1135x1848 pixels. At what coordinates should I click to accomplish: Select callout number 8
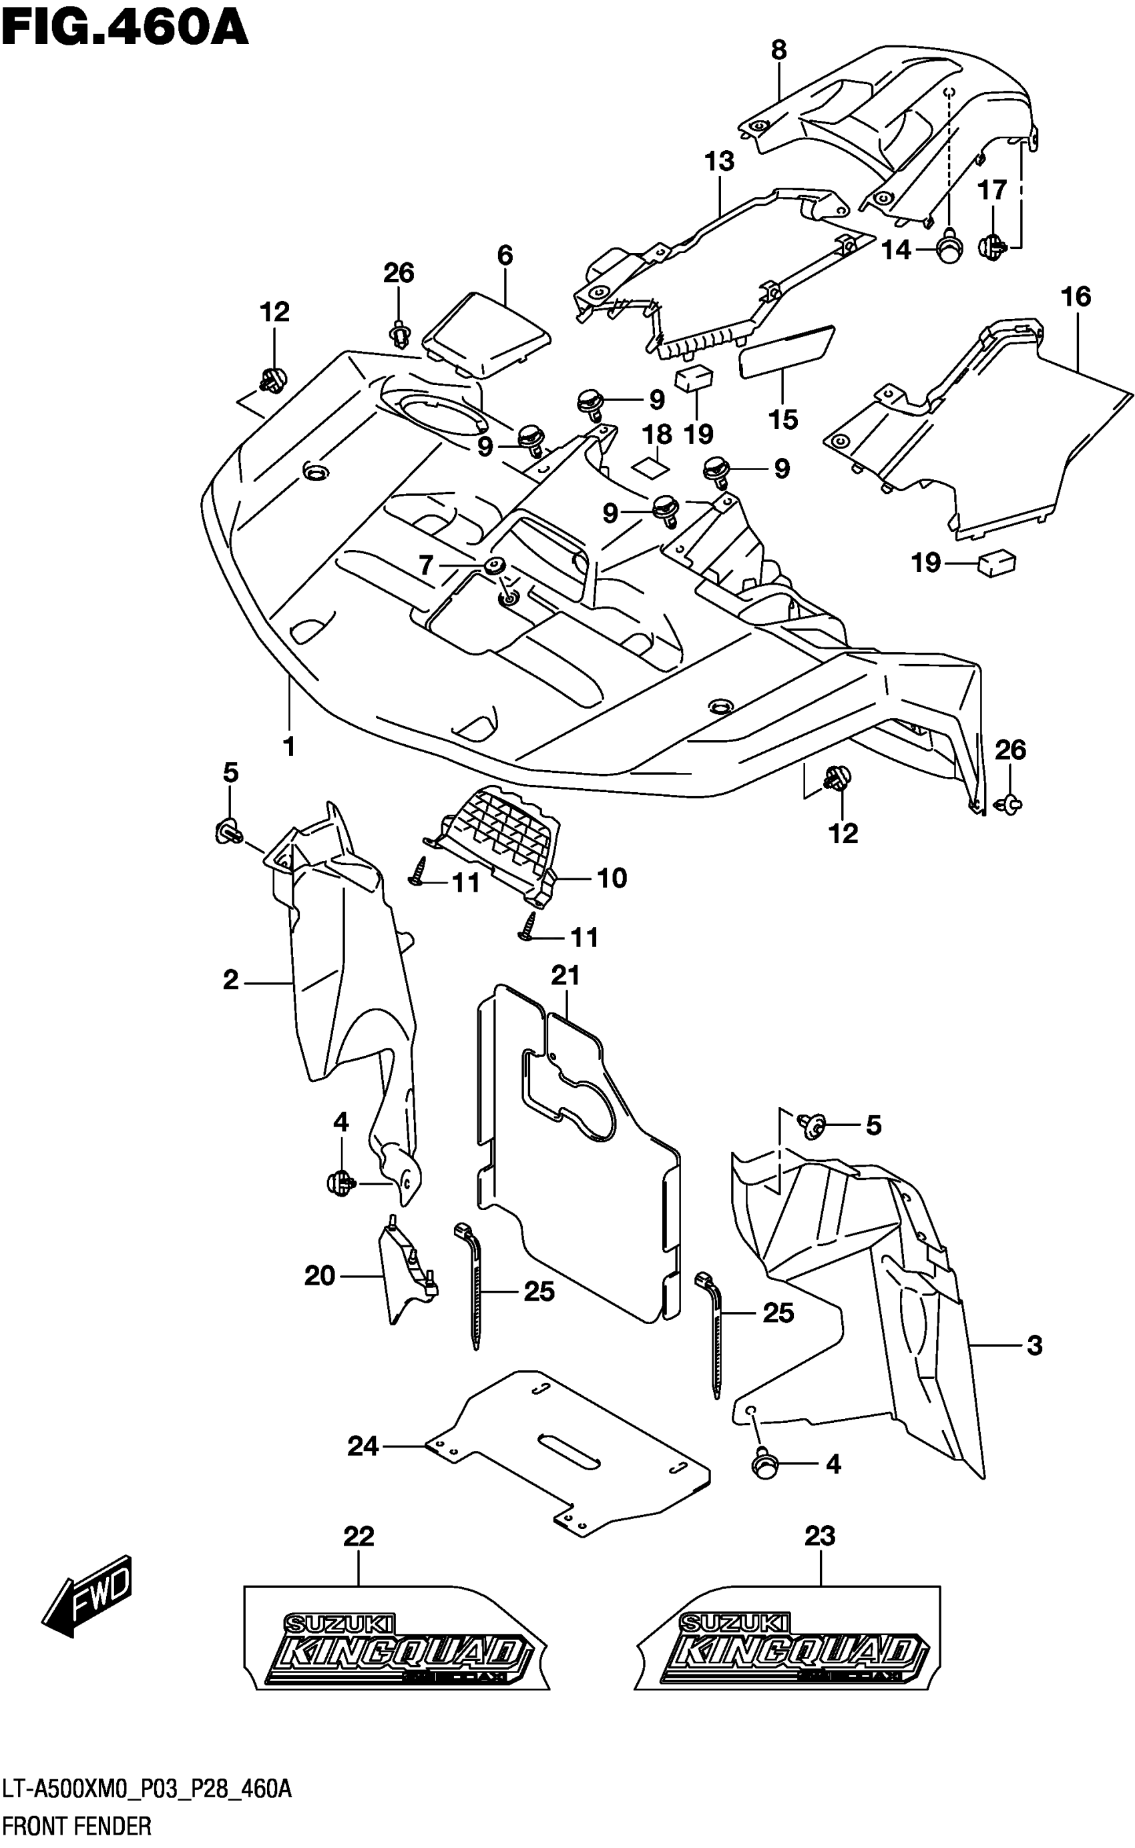[x=778, y=50]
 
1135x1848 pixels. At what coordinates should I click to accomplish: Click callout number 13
[x=718, y=161]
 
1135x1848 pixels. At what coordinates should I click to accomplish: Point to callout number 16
[x=1075, y=297]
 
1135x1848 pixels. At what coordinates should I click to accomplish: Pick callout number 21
[x=565, y=976]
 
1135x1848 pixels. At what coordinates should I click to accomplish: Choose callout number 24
[x=363, y=1446]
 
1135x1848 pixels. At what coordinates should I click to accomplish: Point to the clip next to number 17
[x=992, y=244]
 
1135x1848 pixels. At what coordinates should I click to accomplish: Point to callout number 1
[x=289, y=747]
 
